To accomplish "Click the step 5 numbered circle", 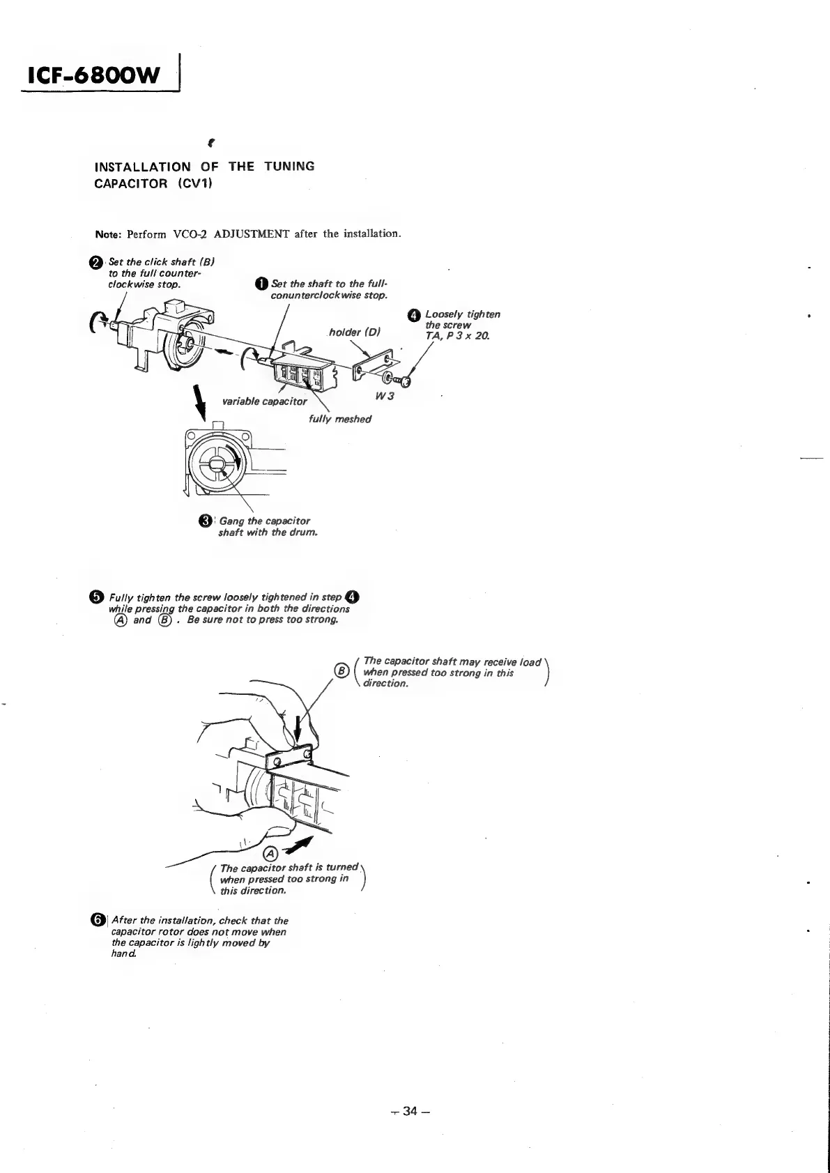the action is (x=97, y=597).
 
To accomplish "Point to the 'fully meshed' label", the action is (x=339, y=419).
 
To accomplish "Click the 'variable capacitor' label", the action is (x=264, y=401).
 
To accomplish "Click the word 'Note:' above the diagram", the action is (x=109, y=233).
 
